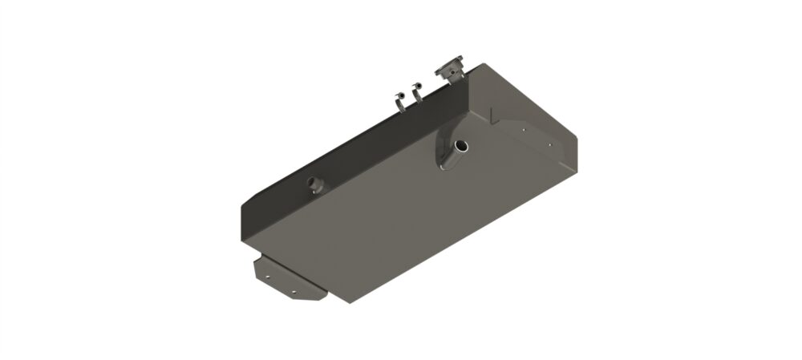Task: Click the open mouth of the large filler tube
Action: (x=463, y=146)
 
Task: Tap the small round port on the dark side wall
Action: (x=314, y=185)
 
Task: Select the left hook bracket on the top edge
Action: (x=398, y=100)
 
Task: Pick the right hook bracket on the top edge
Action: (x=416, y=95)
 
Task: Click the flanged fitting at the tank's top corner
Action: (x=451, y=68)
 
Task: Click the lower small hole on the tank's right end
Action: (x=550, y=145)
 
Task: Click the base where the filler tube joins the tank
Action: (x=446, y=160)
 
